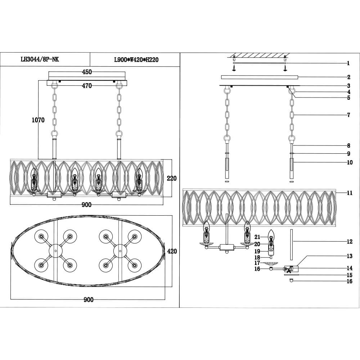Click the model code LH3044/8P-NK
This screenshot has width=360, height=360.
point(40,60)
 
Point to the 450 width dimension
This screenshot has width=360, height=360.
point(87,72)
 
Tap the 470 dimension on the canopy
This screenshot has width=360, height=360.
point(87,86)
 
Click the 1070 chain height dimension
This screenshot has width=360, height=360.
point(38,120)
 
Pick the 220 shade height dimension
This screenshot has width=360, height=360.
point(172,178)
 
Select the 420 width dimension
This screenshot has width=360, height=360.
point(172,251)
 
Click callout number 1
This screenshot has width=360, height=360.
point(348,63)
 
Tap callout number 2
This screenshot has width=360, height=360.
point(348,77)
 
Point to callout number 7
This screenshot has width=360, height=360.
point(348,115)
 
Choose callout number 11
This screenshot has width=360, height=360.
point(349,193)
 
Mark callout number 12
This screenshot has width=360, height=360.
point(349,242)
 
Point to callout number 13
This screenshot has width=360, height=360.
point(349,256)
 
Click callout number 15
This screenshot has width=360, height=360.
point(349,275)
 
